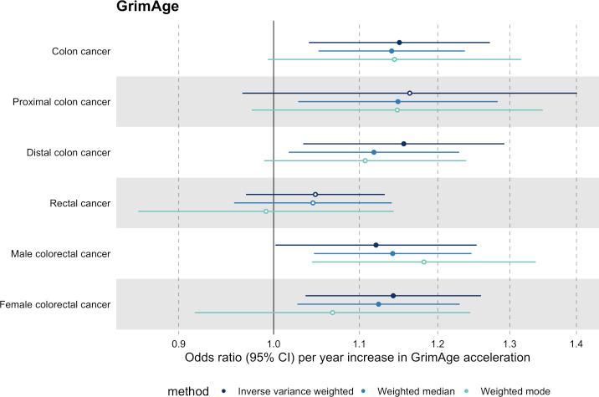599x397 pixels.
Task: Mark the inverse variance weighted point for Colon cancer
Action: click(399, 43)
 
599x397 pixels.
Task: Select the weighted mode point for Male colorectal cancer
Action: click(424, 262)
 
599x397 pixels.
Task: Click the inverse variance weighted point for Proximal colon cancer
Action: click(409, 93)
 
